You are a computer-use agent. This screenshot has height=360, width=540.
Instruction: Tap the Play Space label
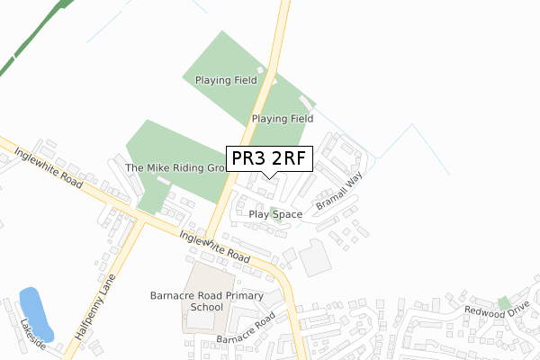(275, 215)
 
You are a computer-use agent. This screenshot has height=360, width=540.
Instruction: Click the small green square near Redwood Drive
(504, 303)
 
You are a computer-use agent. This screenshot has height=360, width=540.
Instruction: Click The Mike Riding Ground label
(175, 168)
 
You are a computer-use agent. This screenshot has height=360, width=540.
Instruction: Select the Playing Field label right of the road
(283, 118)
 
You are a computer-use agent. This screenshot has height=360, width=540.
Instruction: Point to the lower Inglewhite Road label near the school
(214, 246)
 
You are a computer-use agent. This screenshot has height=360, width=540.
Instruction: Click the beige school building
(205, 298)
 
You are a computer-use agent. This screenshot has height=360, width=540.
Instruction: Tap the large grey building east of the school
(315, 259)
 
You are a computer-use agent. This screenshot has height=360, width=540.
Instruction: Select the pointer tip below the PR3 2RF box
(269, 177)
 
